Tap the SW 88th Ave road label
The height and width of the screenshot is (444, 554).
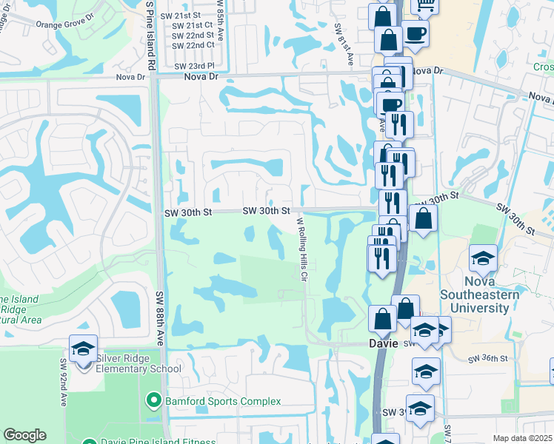pos(159,317)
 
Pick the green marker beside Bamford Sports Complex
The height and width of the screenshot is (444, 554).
pos(154,401)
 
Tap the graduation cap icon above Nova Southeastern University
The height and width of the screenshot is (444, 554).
pos(483,258)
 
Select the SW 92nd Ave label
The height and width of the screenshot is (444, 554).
pos(63,386)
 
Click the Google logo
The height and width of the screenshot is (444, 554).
pos(25,435)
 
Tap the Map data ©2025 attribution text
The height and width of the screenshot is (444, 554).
pos(522,438)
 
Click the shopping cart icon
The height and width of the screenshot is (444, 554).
pos(426,5)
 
